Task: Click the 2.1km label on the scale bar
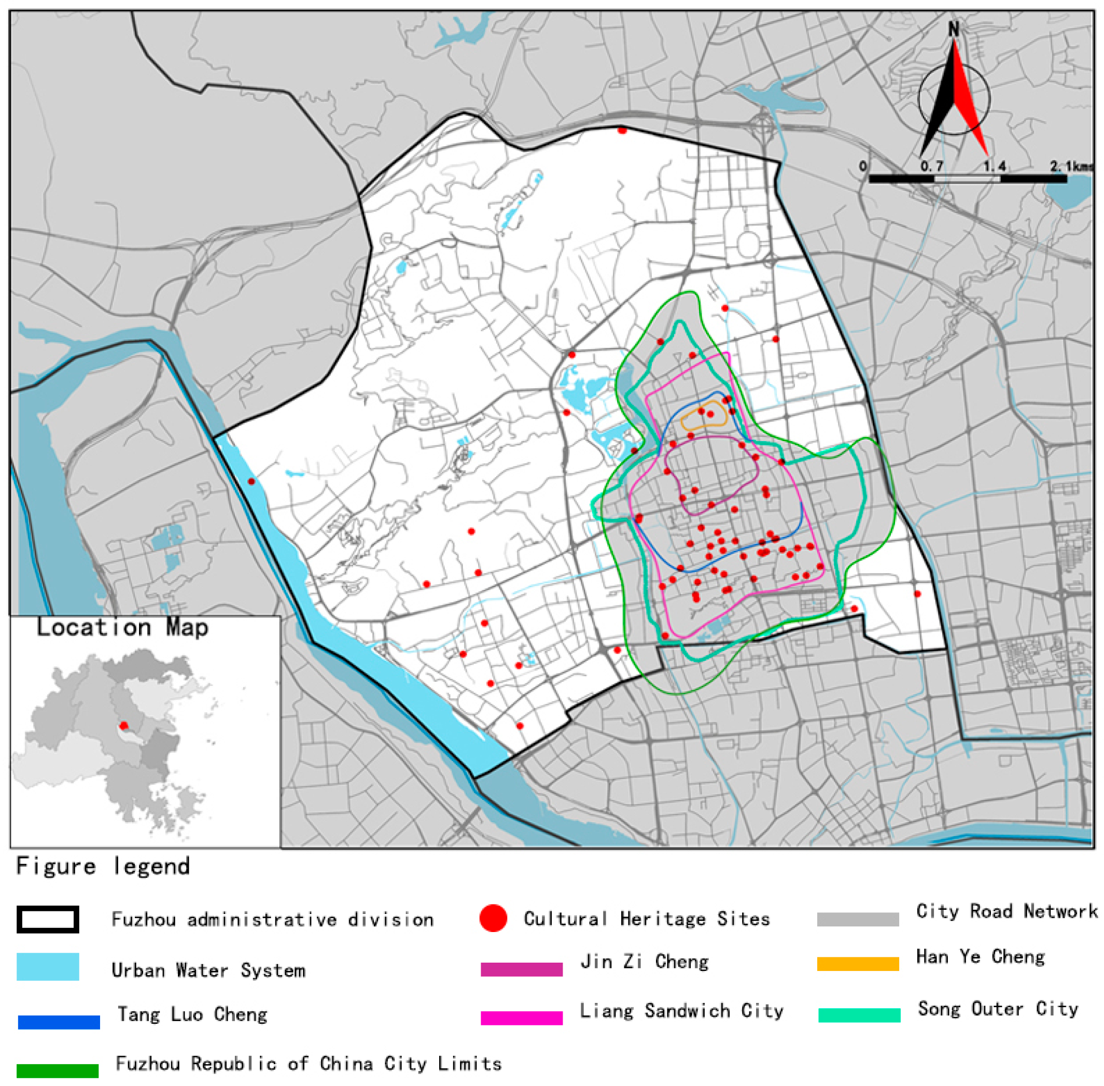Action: (x=1071, y=166)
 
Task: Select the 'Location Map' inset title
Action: (x=123, y=627)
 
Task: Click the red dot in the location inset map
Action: (x=124, y=726)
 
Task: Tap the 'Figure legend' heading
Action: (x=103, y=866)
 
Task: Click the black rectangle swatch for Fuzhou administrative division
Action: (x=48, y=920)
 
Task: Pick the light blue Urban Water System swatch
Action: (x=48, y=967)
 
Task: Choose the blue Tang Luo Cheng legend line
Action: (x=59, y=1022)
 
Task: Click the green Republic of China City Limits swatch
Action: (x=58, y=1070)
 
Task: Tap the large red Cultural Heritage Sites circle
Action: (x=493, y=919)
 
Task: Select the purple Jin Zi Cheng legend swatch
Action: (x=522, y=970)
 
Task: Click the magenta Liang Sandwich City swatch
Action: (x=522, y=1018)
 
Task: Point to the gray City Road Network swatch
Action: (x=858, y=920)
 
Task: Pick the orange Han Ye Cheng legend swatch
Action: (x=858, y=964)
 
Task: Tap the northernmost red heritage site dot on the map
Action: (x=622, y=131)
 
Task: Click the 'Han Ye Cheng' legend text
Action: (x=980, y=956)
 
